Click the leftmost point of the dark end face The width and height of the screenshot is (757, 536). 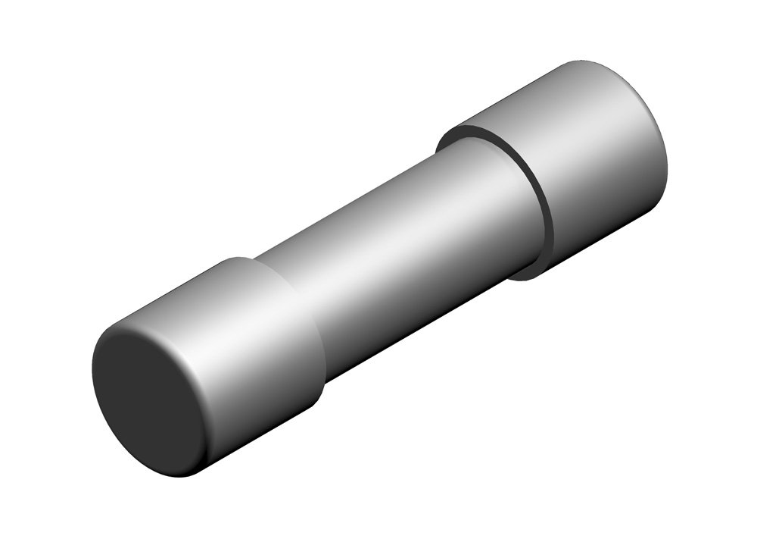click(92, 371)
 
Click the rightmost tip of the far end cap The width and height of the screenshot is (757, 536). click(668, 163)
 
